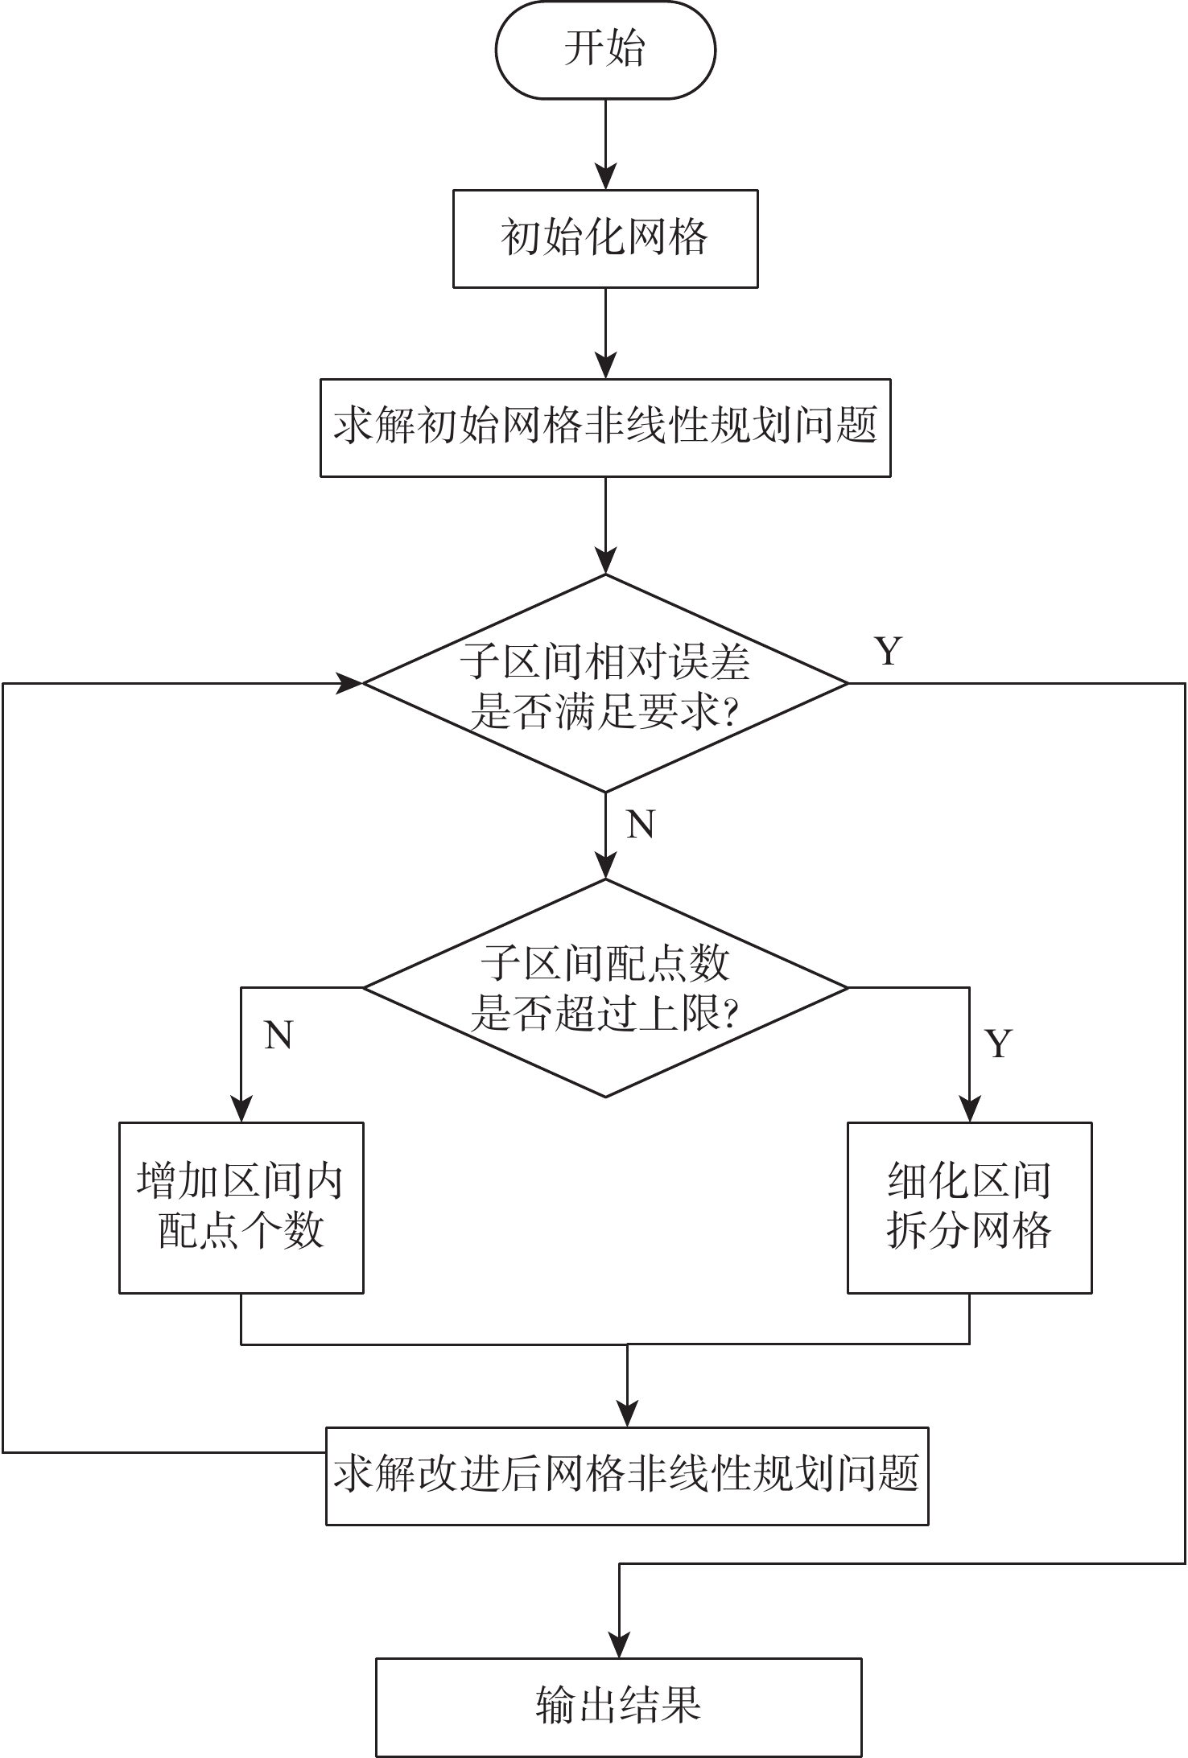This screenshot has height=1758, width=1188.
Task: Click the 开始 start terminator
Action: point(604,50)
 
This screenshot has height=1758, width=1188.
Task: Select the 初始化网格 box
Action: point(604,238)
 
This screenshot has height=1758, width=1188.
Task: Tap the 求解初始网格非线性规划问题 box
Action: point(604,427)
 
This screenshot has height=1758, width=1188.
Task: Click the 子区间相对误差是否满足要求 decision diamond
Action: point(604,683)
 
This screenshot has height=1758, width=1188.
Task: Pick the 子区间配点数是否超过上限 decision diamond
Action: point(604,987)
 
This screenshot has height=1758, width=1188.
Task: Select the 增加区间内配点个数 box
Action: point(241,1207)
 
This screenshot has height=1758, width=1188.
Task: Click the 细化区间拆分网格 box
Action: point(969,1207)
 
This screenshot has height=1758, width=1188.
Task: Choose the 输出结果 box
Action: point(618,1705)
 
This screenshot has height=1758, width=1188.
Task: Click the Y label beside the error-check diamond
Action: point(888,650)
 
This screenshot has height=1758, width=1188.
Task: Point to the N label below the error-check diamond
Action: point(640,825)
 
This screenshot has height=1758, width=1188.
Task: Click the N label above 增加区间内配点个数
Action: point(278,1035)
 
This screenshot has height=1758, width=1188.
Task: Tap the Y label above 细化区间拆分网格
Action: point(998,1044)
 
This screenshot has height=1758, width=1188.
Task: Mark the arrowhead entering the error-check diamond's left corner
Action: point(351,683)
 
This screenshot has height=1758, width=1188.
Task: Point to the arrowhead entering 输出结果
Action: point(618,1645)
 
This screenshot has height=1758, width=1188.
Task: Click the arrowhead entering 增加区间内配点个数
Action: point(241,1110)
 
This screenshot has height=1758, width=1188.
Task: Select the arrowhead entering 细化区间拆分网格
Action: point(969,1110)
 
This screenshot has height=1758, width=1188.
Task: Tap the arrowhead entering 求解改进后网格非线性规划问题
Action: point(626,1414)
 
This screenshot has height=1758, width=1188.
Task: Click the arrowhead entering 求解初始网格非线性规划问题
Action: point(604,367)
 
